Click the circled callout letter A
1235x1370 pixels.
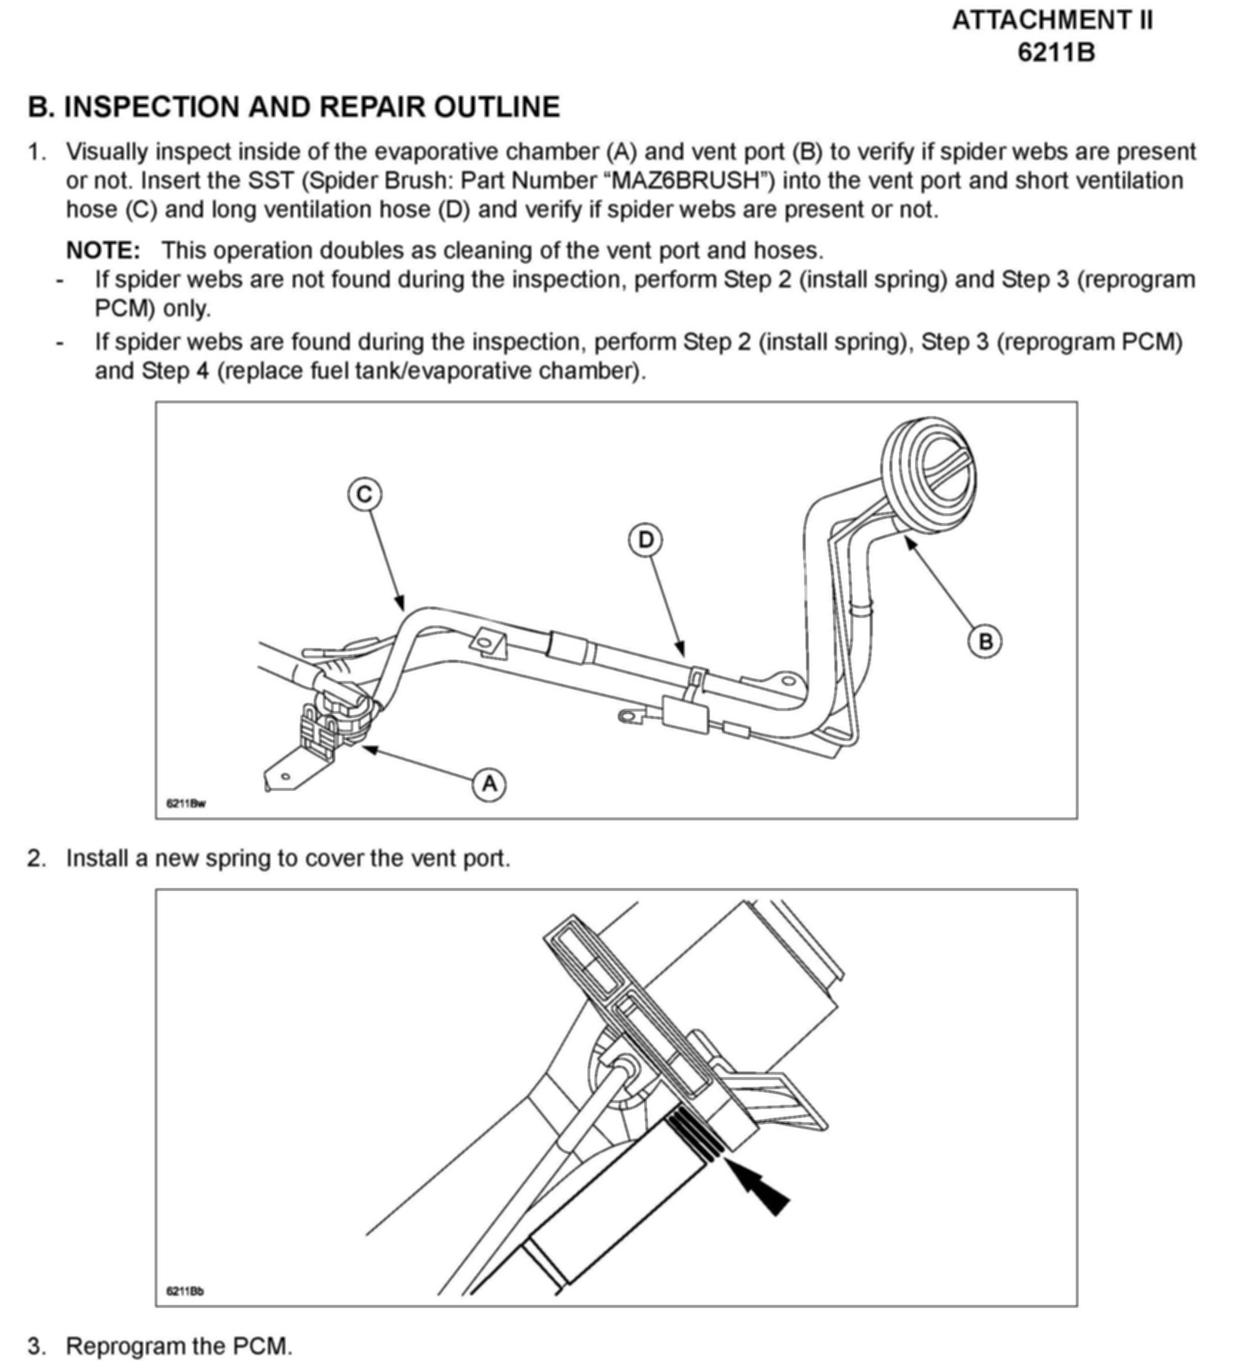point(489,785)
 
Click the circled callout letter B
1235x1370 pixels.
point(985,641)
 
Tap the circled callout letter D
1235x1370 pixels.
point(646,540)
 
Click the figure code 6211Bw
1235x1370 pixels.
point(186,804)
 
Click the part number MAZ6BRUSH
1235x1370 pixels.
point(685,180)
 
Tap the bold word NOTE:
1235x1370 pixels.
point(103,250)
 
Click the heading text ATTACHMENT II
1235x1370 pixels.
point(1052,20)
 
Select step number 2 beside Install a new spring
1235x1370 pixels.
point(36,858)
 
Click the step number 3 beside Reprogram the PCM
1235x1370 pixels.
point(36,1346)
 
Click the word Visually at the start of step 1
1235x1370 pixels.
point(106,152)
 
